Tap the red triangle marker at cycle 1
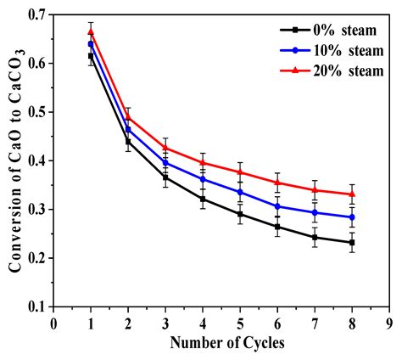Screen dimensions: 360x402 pyautogui.click(x=91, y=31)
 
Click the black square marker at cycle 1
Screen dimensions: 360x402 pyautogui.click(x=91, y=56)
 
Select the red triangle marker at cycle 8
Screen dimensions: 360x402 pyautogui.click(x=352, y=194)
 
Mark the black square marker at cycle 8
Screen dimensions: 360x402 pyautogui.click(x=352, y=243)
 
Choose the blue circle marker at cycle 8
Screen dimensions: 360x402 pyautogui.click(x=352, y=217)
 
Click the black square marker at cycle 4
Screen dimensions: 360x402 pyautogui.click(x=203, y=200)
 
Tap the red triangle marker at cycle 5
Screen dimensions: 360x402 pyautogui.click(x=240, y=172)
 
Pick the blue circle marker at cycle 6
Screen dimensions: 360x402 pyautogui.click(x=277, y=206)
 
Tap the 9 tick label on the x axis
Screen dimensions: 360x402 pyautogui.click(x=389, y=323)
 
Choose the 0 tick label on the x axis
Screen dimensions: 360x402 pyautogui.click(x=53, y=323)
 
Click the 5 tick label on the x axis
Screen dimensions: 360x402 pyautogui.click(x=240, y=323)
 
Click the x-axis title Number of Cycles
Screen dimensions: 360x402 pyautogui.click(x=222, y=343)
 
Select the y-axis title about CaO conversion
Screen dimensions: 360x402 pyautogui.click(x=14, y=161)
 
